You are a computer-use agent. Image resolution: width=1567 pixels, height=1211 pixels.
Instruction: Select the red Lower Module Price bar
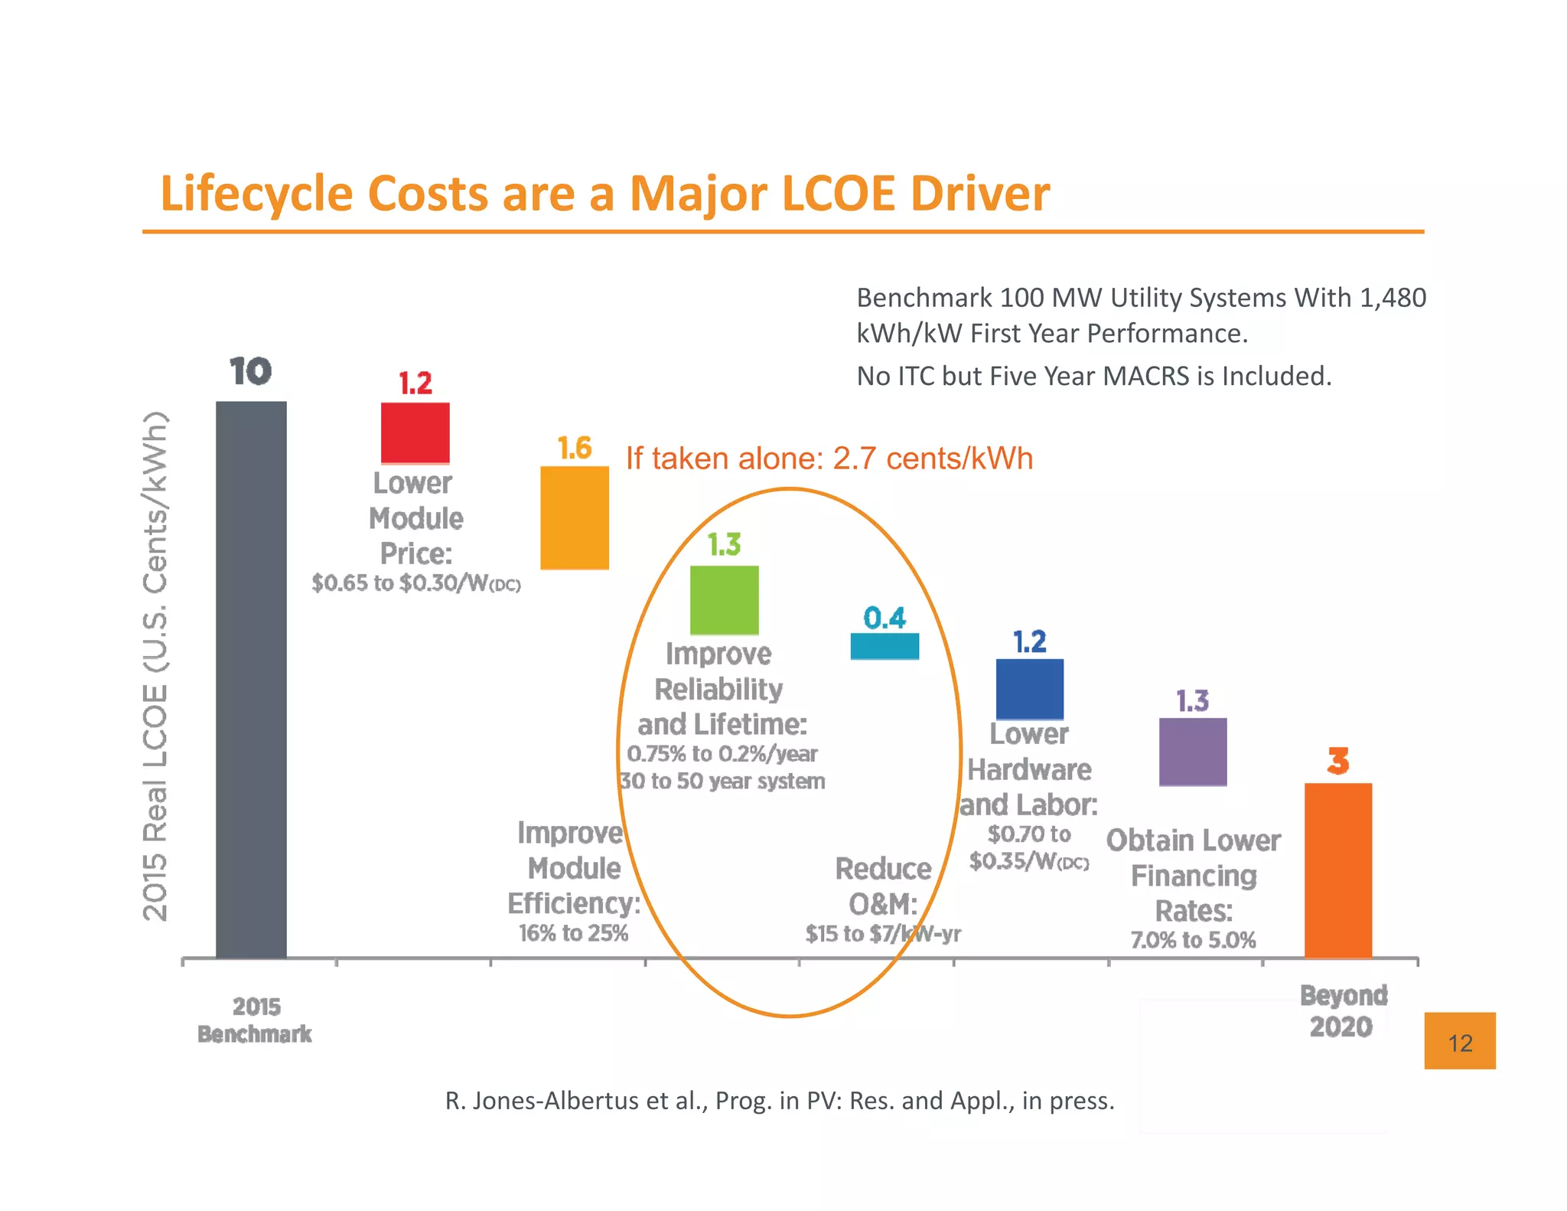coord(415,432)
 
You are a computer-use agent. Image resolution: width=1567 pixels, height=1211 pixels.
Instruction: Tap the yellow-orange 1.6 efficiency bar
coord(574,517)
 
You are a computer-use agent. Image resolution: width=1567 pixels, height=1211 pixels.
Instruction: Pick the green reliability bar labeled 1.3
coord(724,599)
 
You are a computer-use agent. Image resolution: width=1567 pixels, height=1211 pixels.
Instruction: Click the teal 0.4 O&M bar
coord(884,646)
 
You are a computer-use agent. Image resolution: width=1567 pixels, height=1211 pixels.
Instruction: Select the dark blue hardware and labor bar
coord(1029,688)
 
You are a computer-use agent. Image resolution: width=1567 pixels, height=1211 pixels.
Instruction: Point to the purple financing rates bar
coord(1192,751)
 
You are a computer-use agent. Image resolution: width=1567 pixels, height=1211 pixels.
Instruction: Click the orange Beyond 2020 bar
coord(1337,870)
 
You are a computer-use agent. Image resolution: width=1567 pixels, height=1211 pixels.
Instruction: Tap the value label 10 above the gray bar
coord(250,372)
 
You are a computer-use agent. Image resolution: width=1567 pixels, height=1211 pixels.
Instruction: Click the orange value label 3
coord(1337,761)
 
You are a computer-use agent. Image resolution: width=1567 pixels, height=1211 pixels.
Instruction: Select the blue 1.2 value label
coord(1029,641)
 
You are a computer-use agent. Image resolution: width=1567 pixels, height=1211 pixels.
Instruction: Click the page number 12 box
coord(1459,1041)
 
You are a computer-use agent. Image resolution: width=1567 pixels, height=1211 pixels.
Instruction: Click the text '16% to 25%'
coord(573,933)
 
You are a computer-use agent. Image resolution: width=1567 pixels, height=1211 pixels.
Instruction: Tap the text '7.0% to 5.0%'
coord(1193,940)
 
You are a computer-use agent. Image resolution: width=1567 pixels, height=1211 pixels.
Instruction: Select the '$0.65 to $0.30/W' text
coord(415,583)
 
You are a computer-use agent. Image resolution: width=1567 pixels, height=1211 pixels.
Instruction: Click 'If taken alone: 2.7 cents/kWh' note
coord(829,459)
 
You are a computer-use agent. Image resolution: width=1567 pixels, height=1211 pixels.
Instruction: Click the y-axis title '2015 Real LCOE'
coord(155,666)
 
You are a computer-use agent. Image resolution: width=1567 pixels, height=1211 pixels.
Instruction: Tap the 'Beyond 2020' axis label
coord(1343,1010)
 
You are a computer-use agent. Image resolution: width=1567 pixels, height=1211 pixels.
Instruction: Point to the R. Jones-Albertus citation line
coord(779,1101)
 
